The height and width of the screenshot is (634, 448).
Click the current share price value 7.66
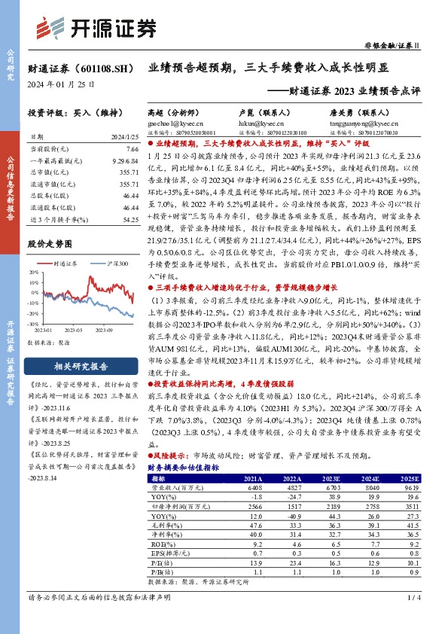pyautogui.click(x=132, y=151)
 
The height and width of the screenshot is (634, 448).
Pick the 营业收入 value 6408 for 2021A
pyautogui.click(x=261, y=487)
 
